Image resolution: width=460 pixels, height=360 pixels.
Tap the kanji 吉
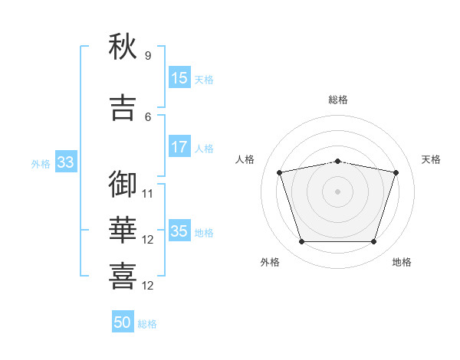coord(123,107)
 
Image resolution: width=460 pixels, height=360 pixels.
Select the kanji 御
coord(123,184)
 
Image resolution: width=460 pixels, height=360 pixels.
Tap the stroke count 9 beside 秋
coord(148,56)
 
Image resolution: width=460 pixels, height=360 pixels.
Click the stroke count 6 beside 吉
coord(148,117)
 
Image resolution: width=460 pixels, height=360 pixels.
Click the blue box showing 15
coord(179,78)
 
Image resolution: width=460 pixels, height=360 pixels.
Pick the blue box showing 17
coord(179,147)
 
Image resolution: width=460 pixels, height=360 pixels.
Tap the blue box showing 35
coord(179,231)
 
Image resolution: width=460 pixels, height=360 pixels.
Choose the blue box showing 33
coord(65,162)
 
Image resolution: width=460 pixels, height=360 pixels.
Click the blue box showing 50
coord(123,323)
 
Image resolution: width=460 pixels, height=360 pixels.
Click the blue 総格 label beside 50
coord(147,324)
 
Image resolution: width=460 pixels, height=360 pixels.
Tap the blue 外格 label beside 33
coord(41,163)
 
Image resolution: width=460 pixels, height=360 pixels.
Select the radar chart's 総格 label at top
coord(337,100)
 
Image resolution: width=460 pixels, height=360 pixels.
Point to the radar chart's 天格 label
coord(432,159)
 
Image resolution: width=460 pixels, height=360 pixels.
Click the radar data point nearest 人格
coord(280,172)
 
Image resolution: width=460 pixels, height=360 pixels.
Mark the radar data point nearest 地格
coord(373,242)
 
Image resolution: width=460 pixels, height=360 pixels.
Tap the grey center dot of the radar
coord(337,191)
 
